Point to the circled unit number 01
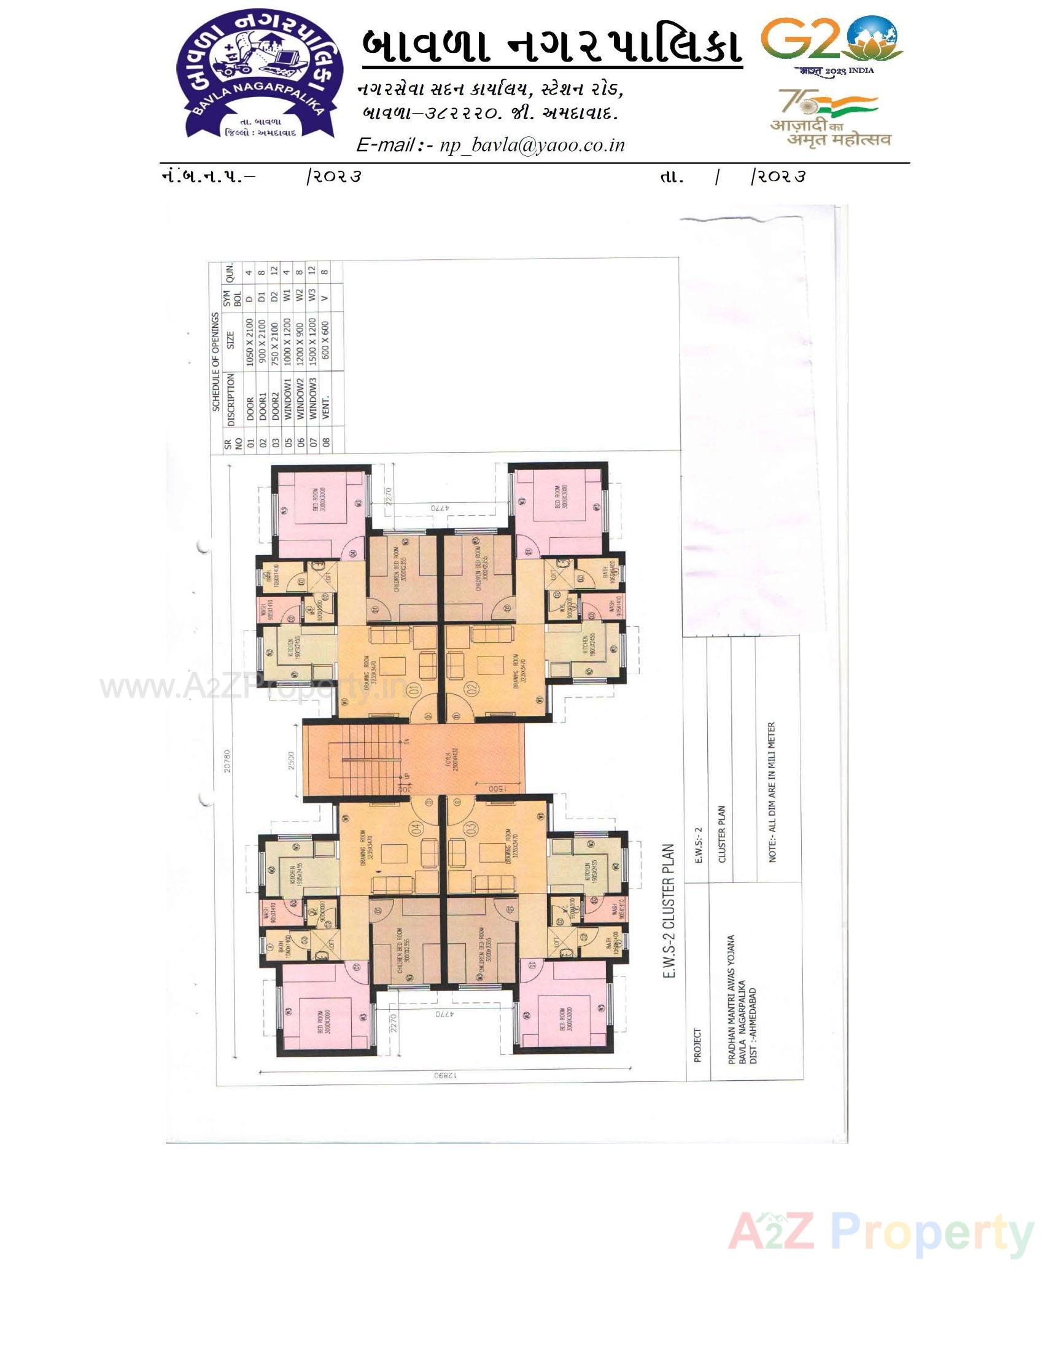(x=414, y=688)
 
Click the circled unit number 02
(x=474, y=688)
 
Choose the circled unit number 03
(x=471, y=828)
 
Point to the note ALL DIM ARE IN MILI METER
(x=772, y=792)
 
